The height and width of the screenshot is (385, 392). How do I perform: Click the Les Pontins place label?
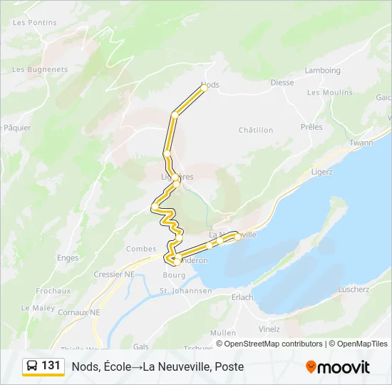[x=34, y=22]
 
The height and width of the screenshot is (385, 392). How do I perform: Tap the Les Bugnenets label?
[x=40, y=69]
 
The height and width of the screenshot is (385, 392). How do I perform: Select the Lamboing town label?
[x=322, y=70]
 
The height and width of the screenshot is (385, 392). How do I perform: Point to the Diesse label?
[x=282, y=83]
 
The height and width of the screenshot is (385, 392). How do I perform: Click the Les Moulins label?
[x=329, y=93]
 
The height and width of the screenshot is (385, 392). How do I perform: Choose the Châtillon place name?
[x=256, y=130]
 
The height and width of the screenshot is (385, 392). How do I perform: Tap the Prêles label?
[x=311, y=127]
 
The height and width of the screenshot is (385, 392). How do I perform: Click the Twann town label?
[x=361, y=143]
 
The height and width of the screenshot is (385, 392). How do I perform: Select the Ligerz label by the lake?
[x=323, y=172]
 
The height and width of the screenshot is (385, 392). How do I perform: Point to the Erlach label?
[x=242, y=297]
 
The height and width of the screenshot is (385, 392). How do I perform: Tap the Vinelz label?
[x=269, y=329]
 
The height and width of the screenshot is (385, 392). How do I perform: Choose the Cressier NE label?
[x=114, y=274]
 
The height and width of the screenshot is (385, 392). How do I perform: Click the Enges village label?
[x=68, y=257]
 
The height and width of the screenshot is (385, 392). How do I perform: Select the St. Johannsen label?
[x=185, y=291]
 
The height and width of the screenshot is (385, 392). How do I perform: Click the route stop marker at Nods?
[x=204, y=88]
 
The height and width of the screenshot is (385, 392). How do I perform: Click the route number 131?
[x=51, y=366]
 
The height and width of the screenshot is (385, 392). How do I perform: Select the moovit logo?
[x=338, y=367]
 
